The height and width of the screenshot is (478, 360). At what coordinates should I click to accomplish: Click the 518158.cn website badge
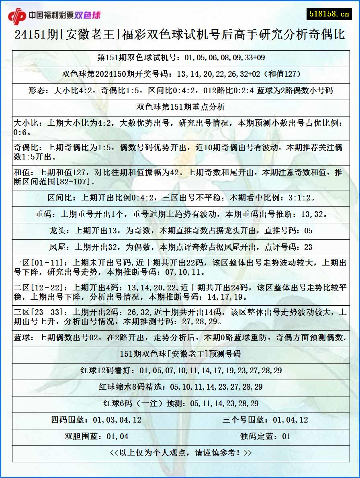pos(329,14)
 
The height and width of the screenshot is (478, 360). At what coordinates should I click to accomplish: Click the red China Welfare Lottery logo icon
pos(17,15)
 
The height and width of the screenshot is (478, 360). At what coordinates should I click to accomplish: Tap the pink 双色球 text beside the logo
pos(88,15)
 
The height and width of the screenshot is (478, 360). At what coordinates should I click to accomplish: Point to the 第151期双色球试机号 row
pos(181,58)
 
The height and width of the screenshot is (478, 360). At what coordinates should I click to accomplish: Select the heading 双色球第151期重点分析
pos(181,107)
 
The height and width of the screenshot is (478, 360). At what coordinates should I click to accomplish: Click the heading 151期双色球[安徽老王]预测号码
pos(181,354)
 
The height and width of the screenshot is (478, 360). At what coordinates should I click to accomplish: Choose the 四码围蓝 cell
pos(96,420)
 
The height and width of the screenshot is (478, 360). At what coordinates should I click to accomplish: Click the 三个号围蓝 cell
pos(265,420)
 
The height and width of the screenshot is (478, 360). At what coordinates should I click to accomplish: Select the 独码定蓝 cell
pos(265,437)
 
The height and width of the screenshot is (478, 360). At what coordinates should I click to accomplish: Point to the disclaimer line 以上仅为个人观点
pos(181,453)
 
